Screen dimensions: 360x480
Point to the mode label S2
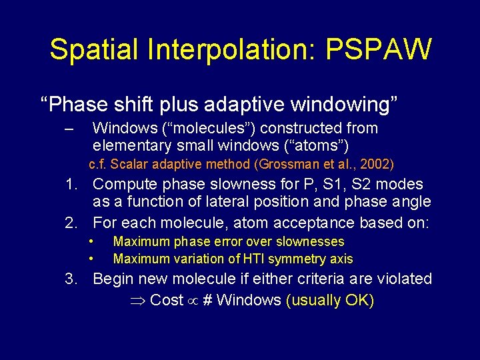point(371,184)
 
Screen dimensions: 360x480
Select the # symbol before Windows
point(207,300)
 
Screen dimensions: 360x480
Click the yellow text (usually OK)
point(329,300)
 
